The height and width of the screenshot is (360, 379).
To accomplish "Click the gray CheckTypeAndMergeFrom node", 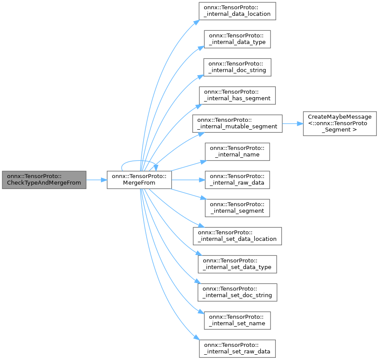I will (44, 179).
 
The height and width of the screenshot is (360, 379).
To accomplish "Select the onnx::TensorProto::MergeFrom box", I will (139, 179).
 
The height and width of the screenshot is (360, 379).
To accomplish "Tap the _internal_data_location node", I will (237, 11).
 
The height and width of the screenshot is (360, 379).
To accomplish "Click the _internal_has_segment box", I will (237, 95).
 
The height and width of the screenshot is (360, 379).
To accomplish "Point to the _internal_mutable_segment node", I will (237, 123).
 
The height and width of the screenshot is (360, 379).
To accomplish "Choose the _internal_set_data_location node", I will (237, 236).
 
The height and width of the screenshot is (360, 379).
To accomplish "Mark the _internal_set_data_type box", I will (237, 264).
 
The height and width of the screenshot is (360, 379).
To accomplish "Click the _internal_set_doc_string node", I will (237, 292).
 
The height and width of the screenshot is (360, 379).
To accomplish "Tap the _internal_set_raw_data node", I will (237, 348).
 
